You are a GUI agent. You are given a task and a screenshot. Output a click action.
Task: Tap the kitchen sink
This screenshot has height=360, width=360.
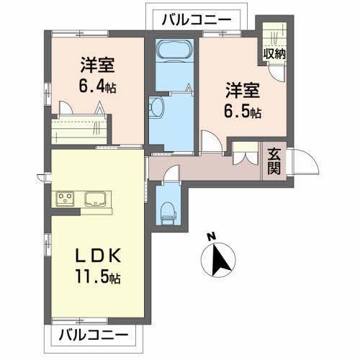[x=96, y=199]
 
